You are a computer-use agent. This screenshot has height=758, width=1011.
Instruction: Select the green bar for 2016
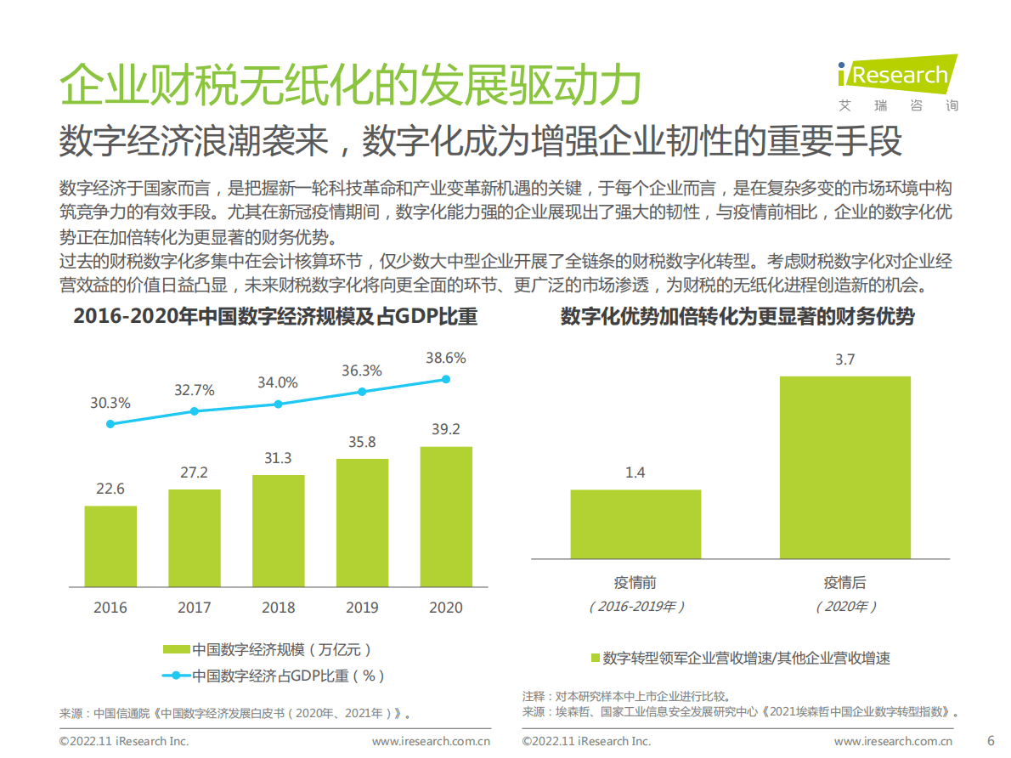pos(110,546)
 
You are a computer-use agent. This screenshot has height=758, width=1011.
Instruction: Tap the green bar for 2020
pos(446,517)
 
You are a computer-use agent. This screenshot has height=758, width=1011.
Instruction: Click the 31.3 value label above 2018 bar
pos(278,459)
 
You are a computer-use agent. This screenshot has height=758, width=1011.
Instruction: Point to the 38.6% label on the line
pos(445,358)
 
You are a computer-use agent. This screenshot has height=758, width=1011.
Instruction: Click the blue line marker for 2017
pos(195,411)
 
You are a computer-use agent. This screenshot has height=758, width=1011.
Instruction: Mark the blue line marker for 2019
pos(362,392)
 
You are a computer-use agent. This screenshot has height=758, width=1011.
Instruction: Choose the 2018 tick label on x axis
pos(278,608)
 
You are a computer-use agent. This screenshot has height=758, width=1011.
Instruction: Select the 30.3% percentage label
pos(110,403)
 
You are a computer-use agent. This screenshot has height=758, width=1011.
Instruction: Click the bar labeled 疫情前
pos(635,523)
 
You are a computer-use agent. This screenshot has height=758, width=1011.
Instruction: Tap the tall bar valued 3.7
pos(844,467)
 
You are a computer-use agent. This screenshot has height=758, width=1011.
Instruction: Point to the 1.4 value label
pos(635,472)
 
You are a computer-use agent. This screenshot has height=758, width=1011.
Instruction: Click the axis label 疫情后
pos(844,583)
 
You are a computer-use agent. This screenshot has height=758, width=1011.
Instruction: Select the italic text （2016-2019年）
pos(635,607)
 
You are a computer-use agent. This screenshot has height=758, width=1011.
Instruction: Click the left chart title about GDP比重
pos(275,317)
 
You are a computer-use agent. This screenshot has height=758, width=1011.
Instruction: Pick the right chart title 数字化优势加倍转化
pos(737,317)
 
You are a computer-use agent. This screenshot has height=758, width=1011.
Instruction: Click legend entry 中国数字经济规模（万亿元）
pos(268,650)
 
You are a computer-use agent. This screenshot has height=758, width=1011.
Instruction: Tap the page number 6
pos(989,739)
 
